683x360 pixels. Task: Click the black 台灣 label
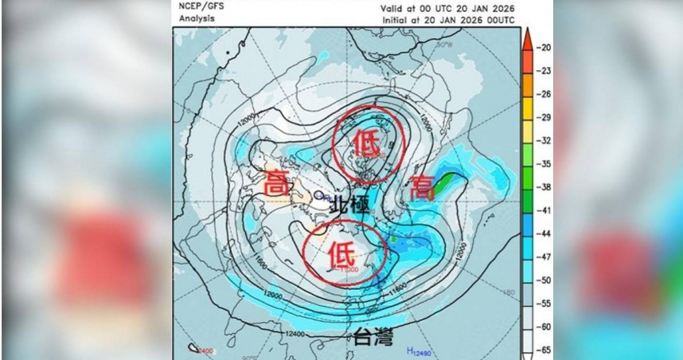point(373,338)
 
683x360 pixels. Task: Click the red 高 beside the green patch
point(421,189)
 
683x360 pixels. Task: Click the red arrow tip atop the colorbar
point(527,33)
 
